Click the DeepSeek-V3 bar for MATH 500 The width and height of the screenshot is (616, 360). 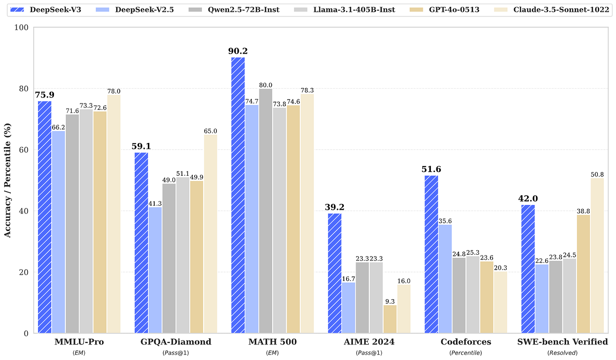click(x=238, y=195)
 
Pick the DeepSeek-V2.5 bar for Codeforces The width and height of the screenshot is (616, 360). click(x=445, y=279)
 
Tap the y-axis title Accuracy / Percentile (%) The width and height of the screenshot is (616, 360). click(x=8, y=180)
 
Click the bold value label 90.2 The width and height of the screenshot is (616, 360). click(x=238, y=51)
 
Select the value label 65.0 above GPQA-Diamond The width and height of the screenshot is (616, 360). click(x=211, y=131)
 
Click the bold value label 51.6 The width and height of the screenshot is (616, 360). click(x=431, y=169)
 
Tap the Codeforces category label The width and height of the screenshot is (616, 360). click(x=466, y=342)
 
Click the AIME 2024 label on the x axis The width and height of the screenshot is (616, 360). click(x=369, y=342)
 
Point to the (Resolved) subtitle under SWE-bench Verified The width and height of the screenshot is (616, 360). click(x=562, y=353)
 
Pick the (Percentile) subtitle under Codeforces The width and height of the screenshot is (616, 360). click(x=466, y=353)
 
